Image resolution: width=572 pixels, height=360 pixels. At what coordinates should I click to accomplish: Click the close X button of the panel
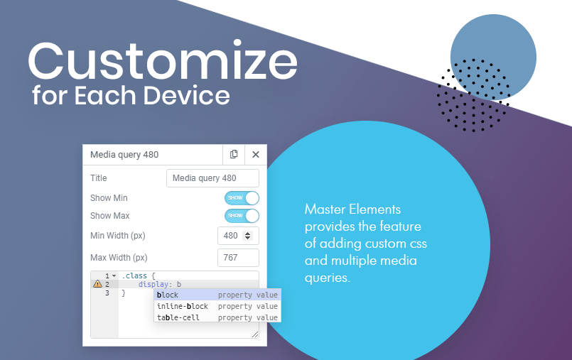tap(256, 155)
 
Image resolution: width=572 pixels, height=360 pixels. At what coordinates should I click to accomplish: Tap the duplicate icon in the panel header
tap(234, 155)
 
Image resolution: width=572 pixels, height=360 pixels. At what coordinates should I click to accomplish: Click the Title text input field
tap(212, 178)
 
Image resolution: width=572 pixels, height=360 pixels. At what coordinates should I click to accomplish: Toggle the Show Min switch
tap(242, 198)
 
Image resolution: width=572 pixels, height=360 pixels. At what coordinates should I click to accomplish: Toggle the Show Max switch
tap(242, 216)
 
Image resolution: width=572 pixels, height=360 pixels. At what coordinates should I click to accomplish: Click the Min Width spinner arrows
tap(248, 236)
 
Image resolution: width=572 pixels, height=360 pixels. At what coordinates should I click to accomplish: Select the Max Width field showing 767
tap(238, 258)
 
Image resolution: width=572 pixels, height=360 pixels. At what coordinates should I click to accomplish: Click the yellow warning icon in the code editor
tap(97, 284)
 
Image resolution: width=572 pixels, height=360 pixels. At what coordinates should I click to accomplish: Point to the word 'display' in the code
tap(153, 284)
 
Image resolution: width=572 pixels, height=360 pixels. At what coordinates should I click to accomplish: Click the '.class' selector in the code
tap(134, 276)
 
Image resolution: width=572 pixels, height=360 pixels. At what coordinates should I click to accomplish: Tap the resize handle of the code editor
tap(255, 334)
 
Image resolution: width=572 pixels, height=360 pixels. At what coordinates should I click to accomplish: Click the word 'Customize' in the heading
tap(163, 60)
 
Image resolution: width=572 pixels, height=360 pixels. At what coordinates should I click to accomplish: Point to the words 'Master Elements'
tap(352, 209)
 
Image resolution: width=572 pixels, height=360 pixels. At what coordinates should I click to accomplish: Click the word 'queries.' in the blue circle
tap(328, 278)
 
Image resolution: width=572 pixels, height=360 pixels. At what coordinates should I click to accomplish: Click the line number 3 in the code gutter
tap(107, 293)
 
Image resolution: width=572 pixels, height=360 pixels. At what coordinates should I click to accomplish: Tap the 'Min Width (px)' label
tap(117, 236)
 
